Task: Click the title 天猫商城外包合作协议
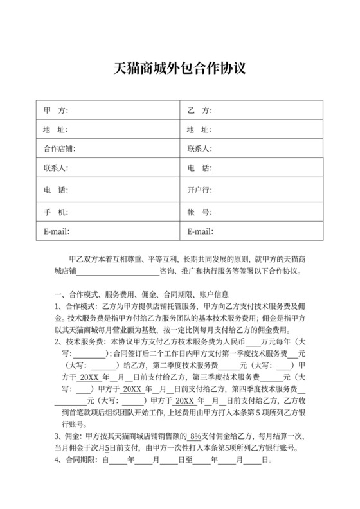[180, 68]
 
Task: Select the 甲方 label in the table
[55, 111]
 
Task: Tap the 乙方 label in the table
[199, 111]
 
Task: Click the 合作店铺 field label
[59, 149]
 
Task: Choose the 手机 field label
[55, 211]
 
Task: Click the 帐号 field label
[199, 211]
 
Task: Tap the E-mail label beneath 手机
[56, 231]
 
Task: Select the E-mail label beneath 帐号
[200, 231]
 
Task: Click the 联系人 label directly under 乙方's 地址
[200, 149]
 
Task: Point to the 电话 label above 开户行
[199, 169]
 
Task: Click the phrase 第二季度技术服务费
[193, 364]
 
